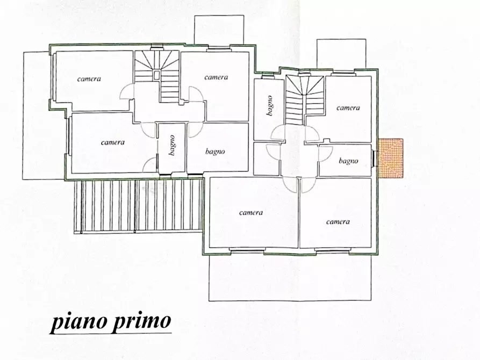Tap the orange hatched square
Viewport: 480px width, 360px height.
point(390,158)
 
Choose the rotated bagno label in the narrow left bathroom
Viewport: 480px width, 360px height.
point(172,146)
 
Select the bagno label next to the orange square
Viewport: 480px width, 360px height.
point(348,161)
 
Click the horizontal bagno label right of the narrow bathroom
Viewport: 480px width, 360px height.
point(215,152)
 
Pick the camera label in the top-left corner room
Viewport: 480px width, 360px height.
point(89,79)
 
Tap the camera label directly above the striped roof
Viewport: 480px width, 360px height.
point(113,142)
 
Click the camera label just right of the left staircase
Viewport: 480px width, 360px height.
point(216,77)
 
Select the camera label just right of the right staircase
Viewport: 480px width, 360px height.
point(348,108)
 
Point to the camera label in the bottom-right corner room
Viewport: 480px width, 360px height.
point(338,221)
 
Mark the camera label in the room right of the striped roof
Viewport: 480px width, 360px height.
point(251,213)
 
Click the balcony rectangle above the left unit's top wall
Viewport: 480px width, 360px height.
point(219,31)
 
